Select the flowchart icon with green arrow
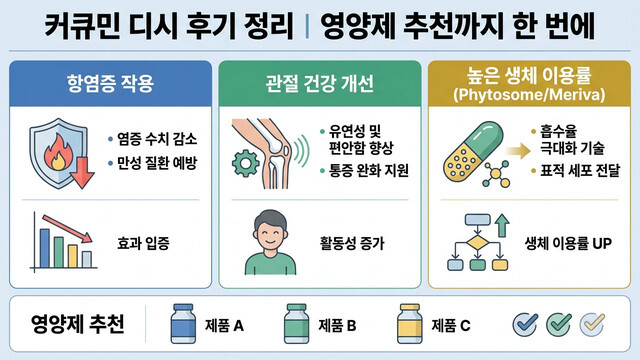click(x=480, y=240)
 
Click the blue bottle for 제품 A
click(x=185, y=323)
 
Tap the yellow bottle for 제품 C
click(x=408, y=323)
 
